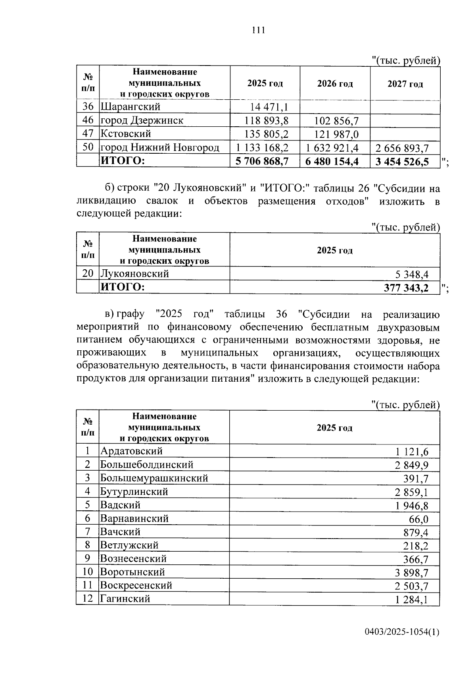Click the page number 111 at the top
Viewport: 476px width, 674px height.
[x=258, y=30]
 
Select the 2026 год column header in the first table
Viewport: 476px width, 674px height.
[x=335, y=84]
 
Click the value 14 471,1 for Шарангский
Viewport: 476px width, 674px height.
[x=269, y=107]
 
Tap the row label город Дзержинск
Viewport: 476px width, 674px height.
[x=142, y=120]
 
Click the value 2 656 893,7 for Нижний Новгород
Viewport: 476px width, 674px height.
[x=402, y=149]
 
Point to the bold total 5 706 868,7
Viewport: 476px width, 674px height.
[x=262, y=161]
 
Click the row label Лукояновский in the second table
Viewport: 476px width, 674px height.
[x=134, y=274]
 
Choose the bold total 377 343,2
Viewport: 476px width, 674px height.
[x=406, y=288]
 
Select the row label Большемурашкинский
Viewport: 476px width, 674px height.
[x=154, y=478]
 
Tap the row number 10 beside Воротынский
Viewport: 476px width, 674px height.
[x=87, y=572]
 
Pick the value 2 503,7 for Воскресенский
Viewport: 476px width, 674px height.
[x=412, y=586]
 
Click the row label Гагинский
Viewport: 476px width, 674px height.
[x=125, y=599]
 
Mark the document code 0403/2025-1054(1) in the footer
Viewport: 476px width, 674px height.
[x=402, y=633]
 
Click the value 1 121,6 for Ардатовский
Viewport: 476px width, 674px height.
[x=412, y=452]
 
